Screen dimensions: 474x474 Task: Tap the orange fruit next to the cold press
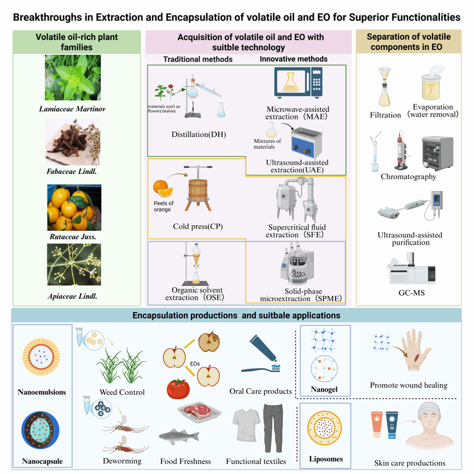[163, 188]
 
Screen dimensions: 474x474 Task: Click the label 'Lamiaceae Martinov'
[72, 109]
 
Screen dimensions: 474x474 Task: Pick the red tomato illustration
[178, 389]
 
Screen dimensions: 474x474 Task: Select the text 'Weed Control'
[122, 392]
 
